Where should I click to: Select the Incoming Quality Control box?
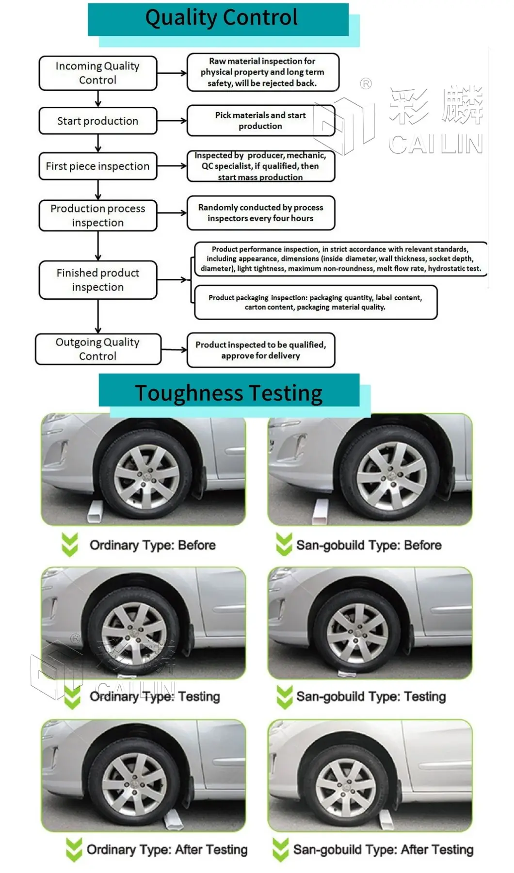tap(98, 73)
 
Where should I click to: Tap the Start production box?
tap(98, 121)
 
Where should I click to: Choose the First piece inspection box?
tap(98, 166)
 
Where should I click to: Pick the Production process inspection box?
tap(98, 215)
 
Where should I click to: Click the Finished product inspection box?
tap(98, 280)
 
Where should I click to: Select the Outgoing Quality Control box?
tap(98, 349)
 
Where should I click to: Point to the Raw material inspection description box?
tap(262, 72)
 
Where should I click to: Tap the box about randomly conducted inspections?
tap(261, 213)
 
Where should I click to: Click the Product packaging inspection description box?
tap(315, 303)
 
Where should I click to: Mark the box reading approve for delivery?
tap(261, 350)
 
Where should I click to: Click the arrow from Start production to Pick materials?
tap(172, 121)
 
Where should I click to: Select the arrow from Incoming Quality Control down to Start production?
tap(98, 98)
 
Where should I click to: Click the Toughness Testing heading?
tap(229, 392)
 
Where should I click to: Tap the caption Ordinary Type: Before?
tap(152, 545)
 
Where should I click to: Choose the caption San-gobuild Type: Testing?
tap(371, 696)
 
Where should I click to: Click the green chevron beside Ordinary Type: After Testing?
tap(74, 850)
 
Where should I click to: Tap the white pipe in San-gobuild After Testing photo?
tap(386, 819)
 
